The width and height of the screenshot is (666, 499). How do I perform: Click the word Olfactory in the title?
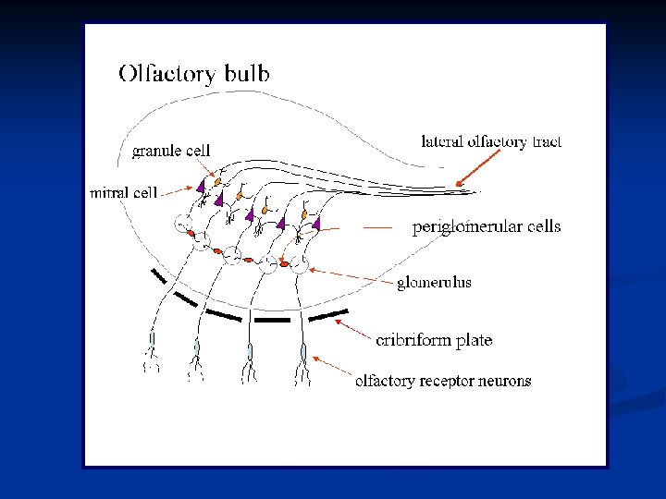click(x=166, y=75)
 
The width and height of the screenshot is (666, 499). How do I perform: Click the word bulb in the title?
click(x=243, y=73)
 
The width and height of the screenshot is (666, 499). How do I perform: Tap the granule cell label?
click(x=171, y=150)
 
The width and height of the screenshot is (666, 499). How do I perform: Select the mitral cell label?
click(x=123, y=193)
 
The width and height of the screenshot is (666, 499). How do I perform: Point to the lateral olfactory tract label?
click(x=491, y=142)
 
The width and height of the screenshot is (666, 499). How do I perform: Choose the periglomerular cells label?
click(x=487, y=226)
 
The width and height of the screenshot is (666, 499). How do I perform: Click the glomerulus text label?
click(x=434, y=282)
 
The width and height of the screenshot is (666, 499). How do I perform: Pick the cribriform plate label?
click(x=434, y=340)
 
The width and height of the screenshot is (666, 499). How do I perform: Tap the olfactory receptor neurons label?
click(x=443, y=381)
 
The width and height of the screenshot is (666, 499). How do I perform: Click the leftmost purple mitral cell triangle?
click(x=200, y=186)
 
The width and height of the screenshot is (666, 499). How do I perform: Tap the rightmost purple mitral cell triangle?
click(x=316, y=223)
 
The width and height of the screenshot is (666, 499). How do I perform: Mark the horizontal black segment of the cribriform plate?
click(x=272, y=320)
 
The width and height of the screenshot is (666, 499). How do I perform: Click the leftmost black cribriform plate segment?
click(x=159, y=275)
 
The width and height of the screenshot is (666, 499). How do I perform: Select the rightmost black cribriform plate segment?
click(x=328, y=314)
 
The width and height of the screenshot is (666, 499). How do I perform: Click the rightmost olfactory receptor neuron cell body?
click(x=302, y=352)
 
